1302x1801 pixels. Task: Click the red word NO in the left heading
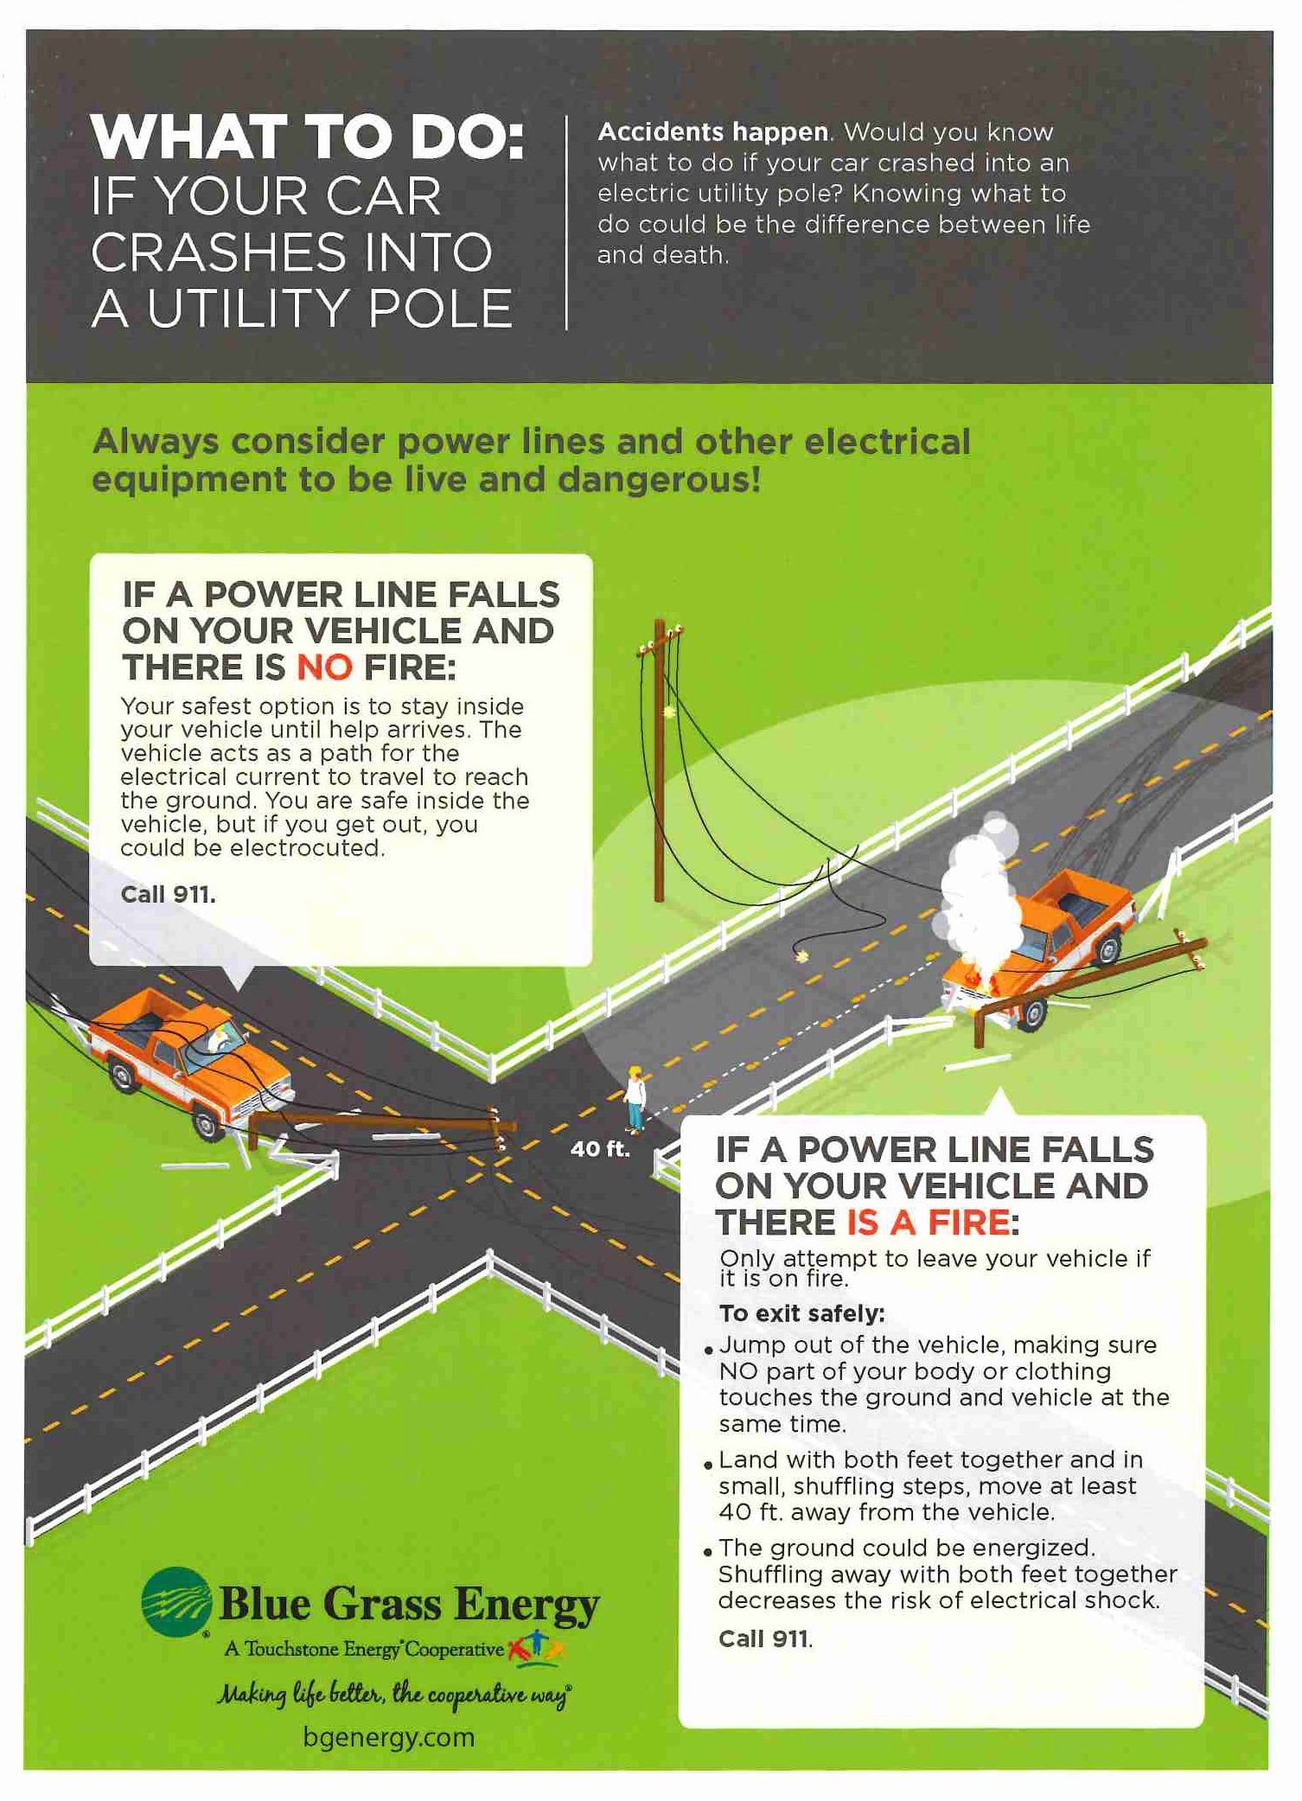tap(324, 667)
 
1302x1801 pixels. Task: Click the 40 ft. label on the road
tap(599, 1149)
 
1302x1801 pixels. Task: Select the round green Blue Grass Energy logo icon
tap(176, 1602)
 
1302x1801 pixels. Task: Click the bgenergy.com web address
tap(389, 1737)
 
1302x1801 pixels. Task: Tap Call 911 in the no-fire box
tap(168, 894)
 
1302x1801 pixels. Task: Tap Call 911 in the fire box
tap(765, 1638)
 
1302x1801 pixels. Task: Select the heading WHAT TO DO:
tap(308, 137)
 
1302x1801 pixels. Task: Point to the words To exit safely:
tap(801, 1313)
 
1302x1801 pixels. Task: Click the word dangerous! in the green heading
tap(659, 479)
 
